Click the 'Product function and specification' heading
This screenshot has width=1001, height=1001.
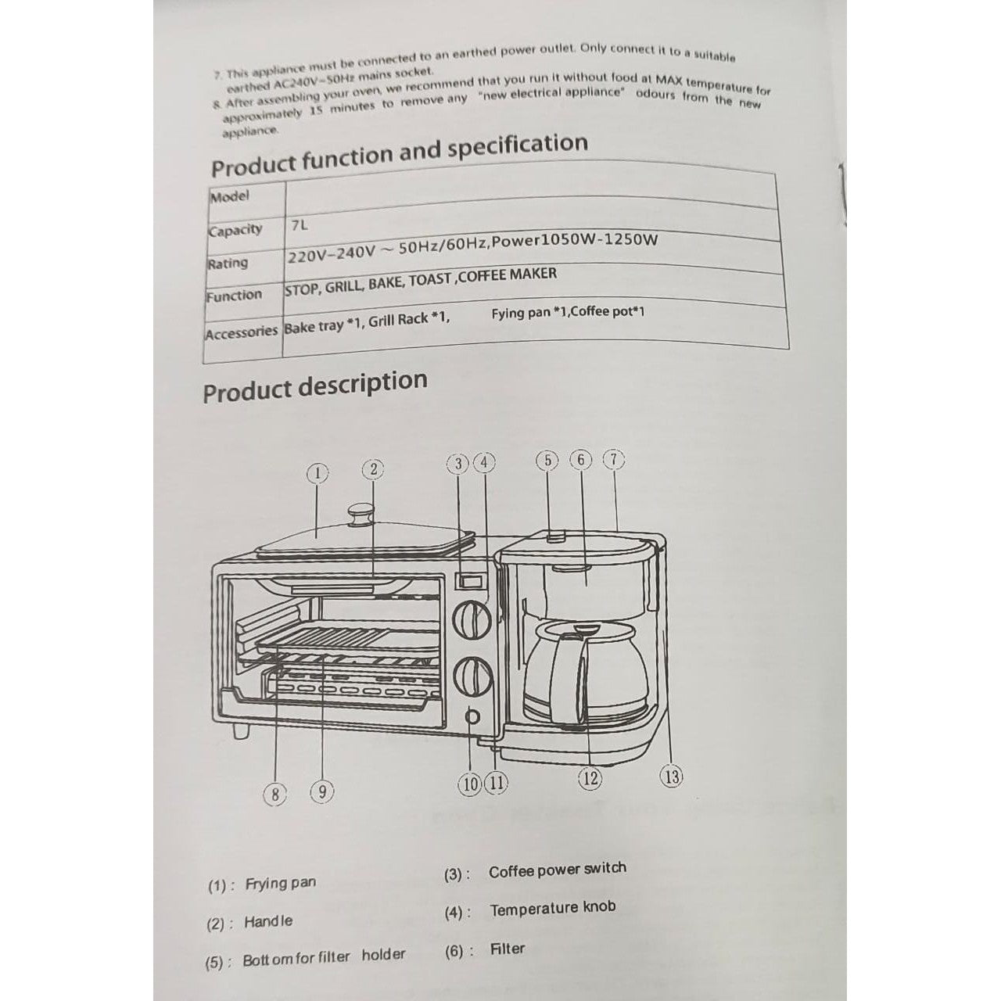click(399, 155)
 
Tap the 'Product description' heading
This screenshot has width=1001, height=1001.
click(315, 386)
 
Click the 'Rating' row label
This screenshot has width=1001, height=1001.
click(227, 263)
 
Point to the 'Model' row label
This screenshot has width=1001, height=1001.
click(229, 196)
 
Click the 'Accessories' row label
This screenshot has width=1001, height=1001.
click(241, 332)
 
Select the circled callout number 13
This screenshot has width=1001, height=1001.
click(671, 776)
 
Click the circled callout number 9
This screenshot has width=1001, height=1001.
click(321, 791)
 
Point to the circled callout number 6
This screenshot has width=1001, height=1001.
click(581, 460)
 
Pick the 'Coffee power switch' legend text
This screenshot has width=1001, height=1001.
click(557, 870)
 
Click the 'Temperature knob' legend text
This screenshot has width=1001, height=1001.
click(552, 909)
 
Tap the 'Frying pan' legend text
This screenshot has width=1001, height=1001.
click(281, 884)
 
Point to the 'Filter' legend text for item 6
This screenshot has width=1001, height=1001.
click(507, 949)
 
